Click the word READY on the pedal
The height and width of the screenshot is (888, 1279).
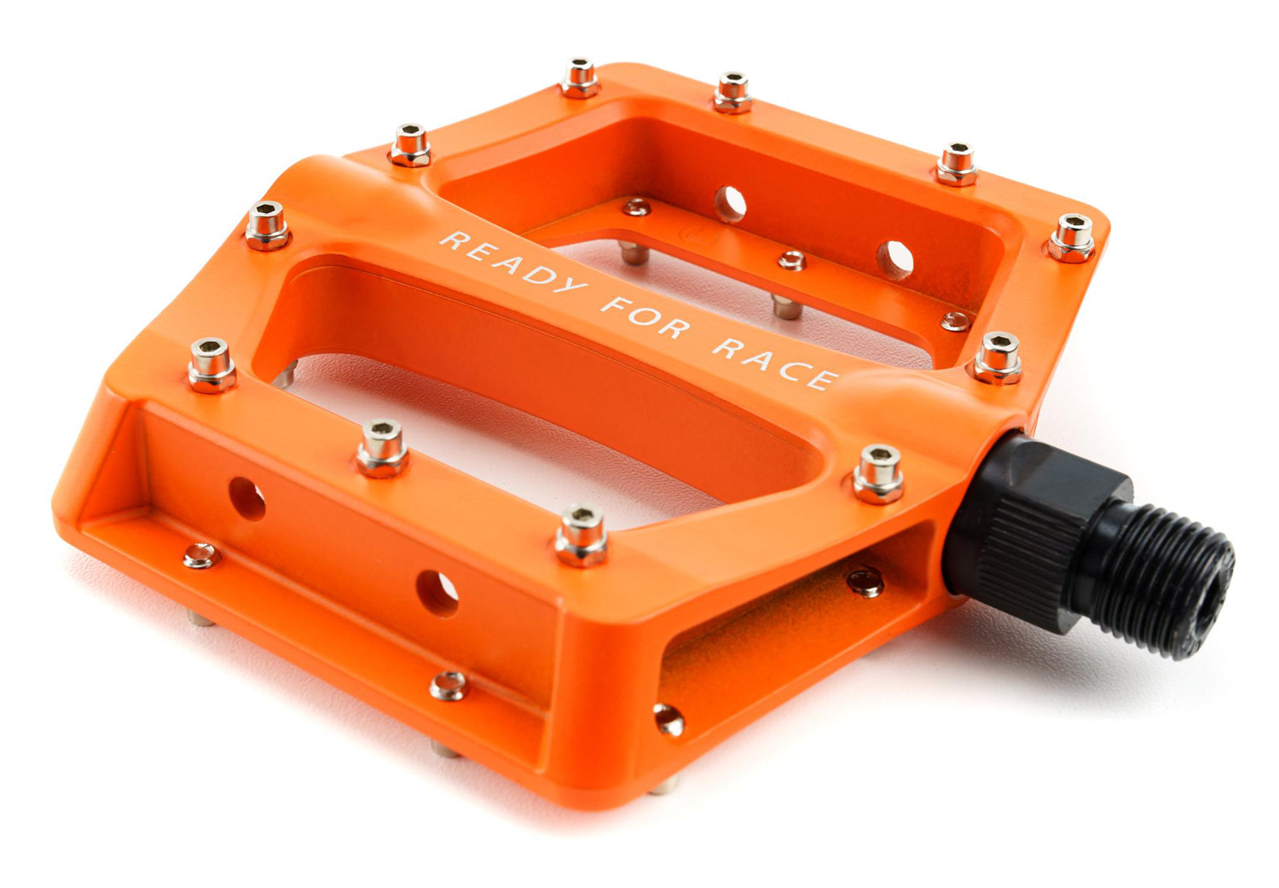[x=512, y=262]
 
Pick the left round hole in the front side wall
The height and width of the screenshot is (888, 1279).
[x=246, y=498]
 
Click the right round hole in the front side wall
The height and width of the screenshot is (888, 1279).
[x=437, y=594]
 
